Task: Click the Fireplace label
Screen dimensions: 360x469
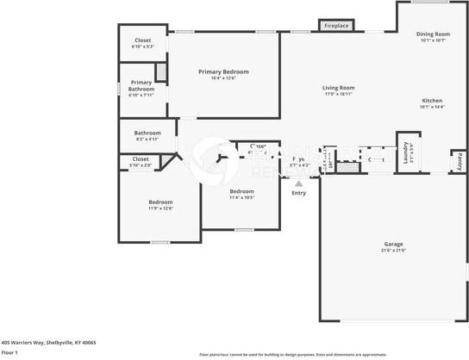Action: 336,26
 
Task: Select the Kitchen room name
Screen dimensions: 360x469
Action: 432,100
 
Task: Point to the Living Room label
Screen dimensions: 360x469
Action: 339,88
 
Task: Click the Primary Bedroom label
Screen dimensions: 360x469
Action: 223,71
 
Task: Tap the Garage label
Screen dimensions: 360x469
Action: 393,244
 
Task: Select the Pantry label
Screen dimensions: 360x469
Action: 460,160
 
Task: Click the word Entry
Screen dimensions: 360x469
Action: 298,193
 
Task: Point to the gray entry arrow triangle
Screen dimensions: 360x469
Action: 299,183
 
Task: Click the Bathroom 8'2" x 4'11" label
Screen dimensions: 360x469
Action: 147,133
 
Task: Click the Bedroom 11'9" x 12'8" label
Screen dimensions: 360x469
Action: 160,202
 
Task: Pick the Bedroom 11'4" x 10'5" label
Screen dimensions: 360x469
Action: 241,191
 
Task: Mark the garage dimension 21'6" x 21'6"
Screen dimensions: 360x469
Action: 393,251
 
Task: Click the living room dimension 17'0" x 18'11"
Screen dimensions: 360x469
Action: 339,95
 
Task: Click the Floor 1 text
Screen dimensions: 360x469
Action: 10,352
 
